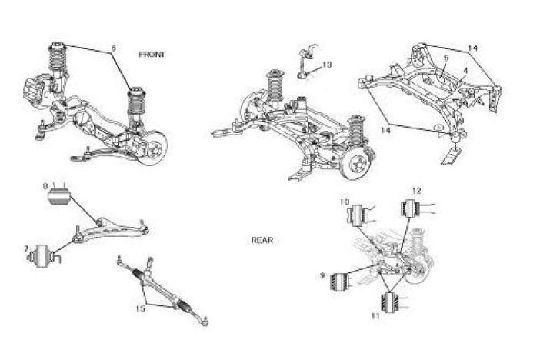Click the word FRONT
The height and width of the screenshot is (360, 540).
[152, 55]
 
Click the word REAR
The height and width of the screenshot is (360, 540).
[262, 240]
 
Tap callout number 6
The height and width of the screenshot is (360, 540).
[114, 48]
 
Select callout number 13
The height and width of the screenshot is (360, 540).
[327, 65]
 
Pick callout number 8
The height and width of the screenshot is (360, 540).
[46, 186]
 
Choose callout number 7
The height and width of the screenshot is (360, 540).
[26, 248]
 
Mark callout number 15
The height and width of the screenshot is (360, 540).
[140, 309]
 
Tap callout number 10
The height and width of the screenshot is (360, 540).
[345, 202]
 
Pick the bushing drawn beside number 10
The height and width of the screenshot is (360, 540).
[358, 215]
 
